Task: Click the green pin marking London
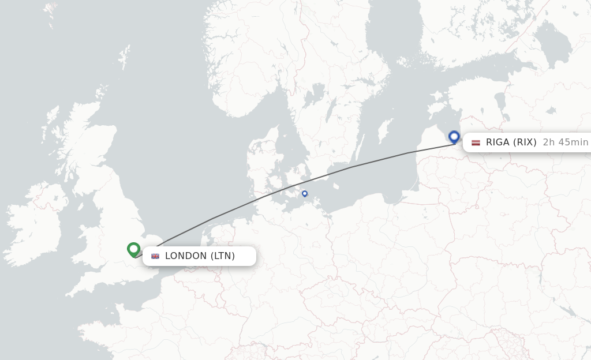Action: tap(134, 249)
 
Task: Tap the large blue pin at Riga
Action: tap(454, 137)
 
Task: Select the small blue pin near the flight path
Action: tap(305, 194)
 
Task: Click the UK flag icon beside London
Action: tap(155, 256)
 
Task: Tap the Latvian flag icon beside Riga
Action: tap(476, 142)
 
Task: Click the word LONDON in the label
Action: tap(186, 256)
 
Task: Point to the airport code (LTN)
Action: tap(222, 256)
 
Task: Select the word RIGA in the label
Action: tap(498, 142)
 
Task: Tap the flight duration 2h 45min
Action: tap(565, 142)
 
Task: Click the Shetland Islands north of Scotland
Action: tap(124, 58)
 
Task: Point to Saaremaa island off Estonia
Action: tap(436, 107)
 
